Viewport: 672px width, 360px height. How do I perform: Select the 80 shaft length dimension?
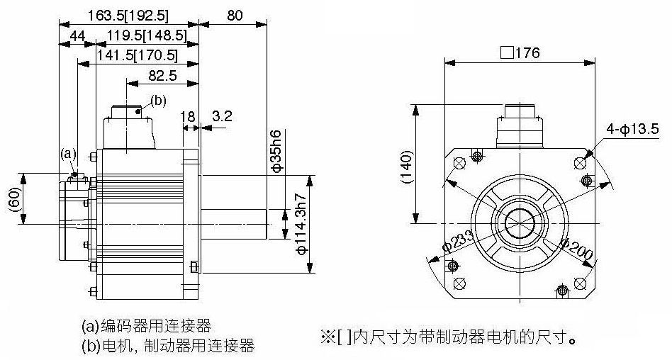pyautogui.click(x=233, y=15)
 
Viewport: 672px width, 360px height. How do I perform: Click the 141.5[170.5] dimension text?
pyautogui.click(x=138, y=54)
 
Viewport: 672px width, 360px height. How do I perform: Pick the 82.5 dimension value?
pyautogui.click(x=162, y=74)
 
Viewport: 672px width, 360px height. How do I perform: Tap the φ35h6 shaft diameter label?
pyautogui.click(x=277, y=150)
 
